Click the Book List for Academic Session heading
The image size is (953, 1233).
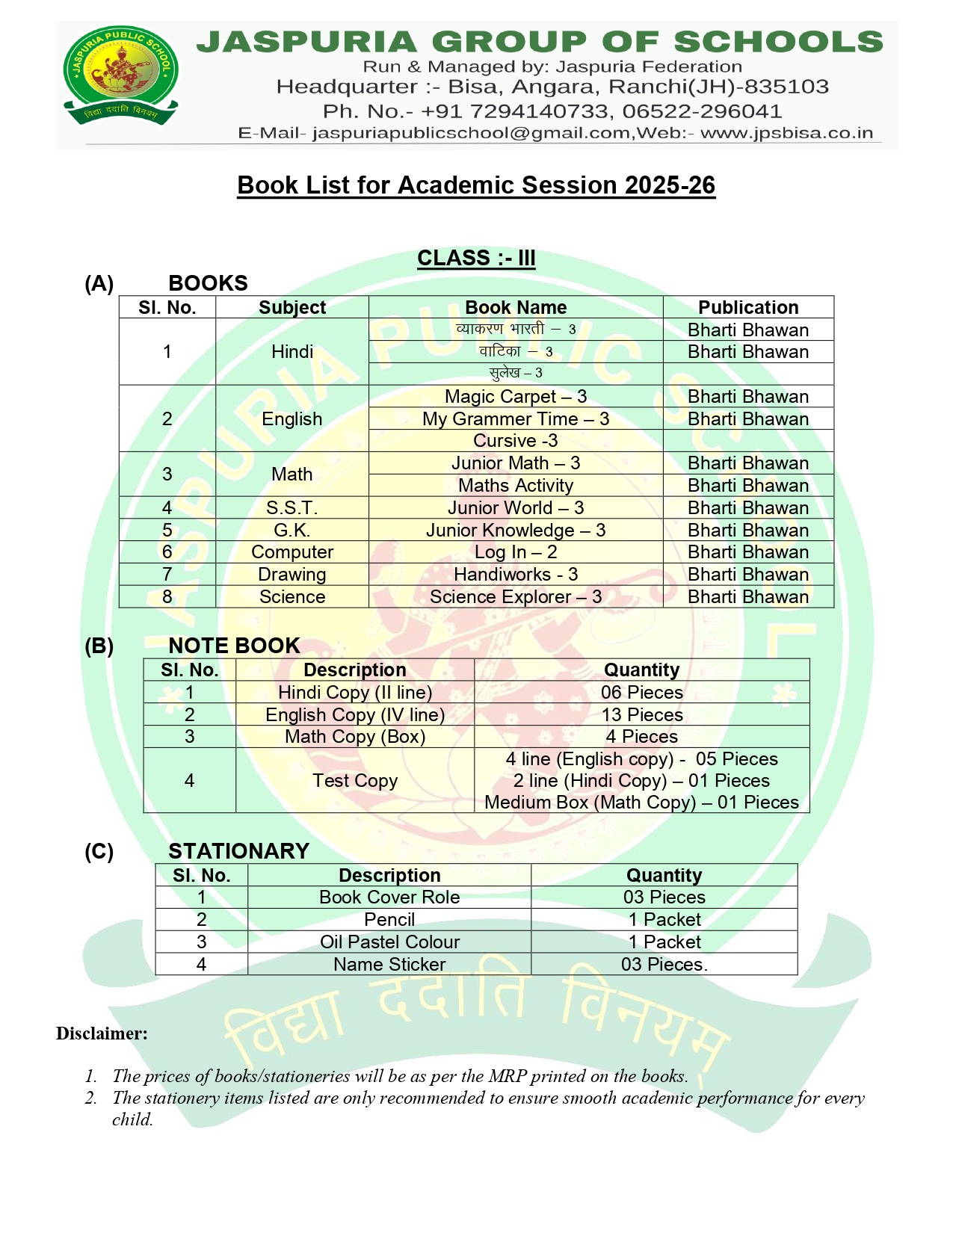click(476, 185)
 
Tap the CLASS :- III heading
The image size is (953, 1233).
click(476, 258)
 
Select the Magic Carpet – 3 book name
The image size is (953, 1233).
click(516, 397)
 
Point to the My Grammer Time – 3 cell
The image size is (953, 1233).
click(516, 419)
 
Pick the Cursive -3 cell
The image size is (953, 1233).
click(516, 441)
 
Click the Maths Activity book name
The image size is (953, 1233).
click(516, 486)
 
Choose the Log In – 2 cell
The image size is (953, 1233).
click(516, 552)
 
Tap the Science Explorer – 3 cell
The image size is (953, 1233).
click(516, 597)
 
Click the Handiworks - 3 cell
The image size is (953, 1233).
click(516, 575)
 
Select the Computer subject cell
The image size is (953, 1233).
click(292, 552)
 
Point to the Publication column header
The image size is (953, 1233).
click(748, 308)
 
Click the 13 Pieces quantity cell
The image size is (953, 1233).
click(642, 715)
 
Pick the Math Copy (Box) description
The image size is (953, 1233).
click(355, 737)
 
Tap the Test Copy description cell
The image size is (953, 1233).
click(355, 781)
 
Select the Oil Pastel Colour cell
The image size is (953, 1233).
click(389, 942)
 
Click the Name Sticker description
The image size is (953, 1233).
click(389, 965)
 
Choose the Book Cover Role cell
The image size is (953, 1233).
click(389, 897)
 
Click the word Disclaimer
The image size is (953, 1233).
click(102, 1033)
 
